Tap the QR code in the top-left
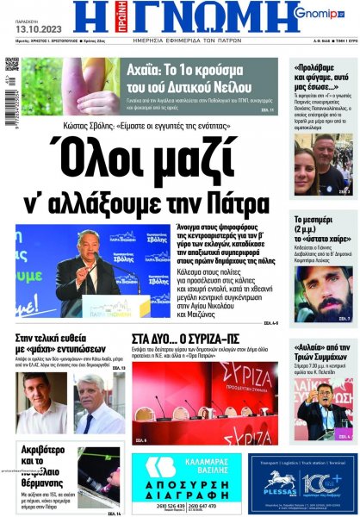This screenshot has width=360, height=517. pos(12,65)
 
